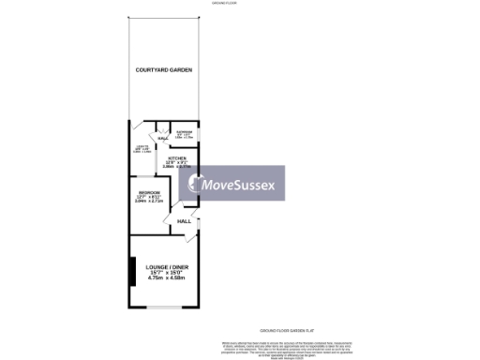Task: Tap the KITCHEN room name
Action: pos(178,158)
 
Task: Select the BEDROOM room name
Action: pos(147,192)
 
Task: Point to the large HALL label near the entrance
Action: pos(184,221)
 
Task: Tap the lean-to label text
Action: pos(142,147)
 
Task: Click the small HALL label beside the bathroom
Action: pos(162,140)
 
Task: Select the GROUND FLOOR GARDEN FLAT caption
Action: pos(285,331)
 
